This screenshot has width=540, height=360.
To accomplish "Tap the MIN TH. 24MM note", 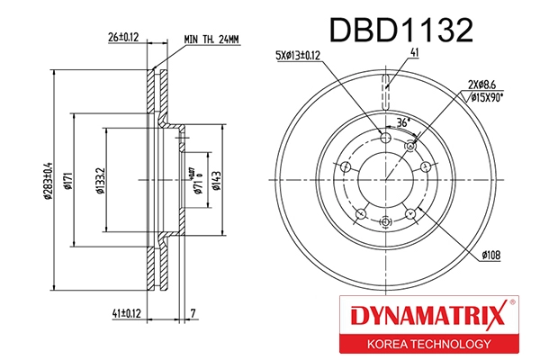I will coord(212,39).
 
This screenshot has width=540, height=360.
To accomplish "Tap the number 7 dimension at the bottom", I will coord(193,313).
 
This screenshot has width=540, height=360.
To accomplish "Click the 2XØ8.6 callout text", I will coord(482,85).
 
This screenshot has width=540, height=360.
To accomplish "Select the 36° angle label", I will coord(403,121).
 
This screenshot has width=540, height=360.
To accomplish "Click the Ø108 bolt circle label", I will coord(489,256).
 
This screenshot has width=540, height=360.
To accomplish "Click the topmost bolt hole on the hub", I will coord(387,136).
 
